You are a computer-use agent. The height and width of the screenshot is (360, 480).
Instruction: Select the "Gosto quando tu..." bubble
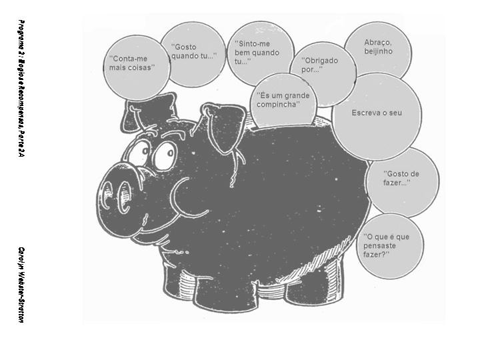point(193,53)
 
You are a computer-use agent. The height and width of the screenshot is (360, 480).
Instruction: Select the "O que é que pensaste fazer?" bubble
point(389,245)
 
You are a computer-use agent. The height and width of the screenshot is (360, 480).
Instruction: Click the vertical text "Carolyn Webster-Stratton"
point(22,284)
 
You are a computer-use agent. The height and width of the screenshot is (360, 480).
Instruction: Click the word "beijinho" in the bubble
point(378,52)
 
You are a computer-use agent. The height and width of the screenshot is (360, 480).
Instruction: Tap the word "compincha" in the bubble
point(278,105)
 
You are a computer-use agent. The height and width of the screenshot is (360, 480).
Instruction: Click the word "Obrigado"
point(321,61)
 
